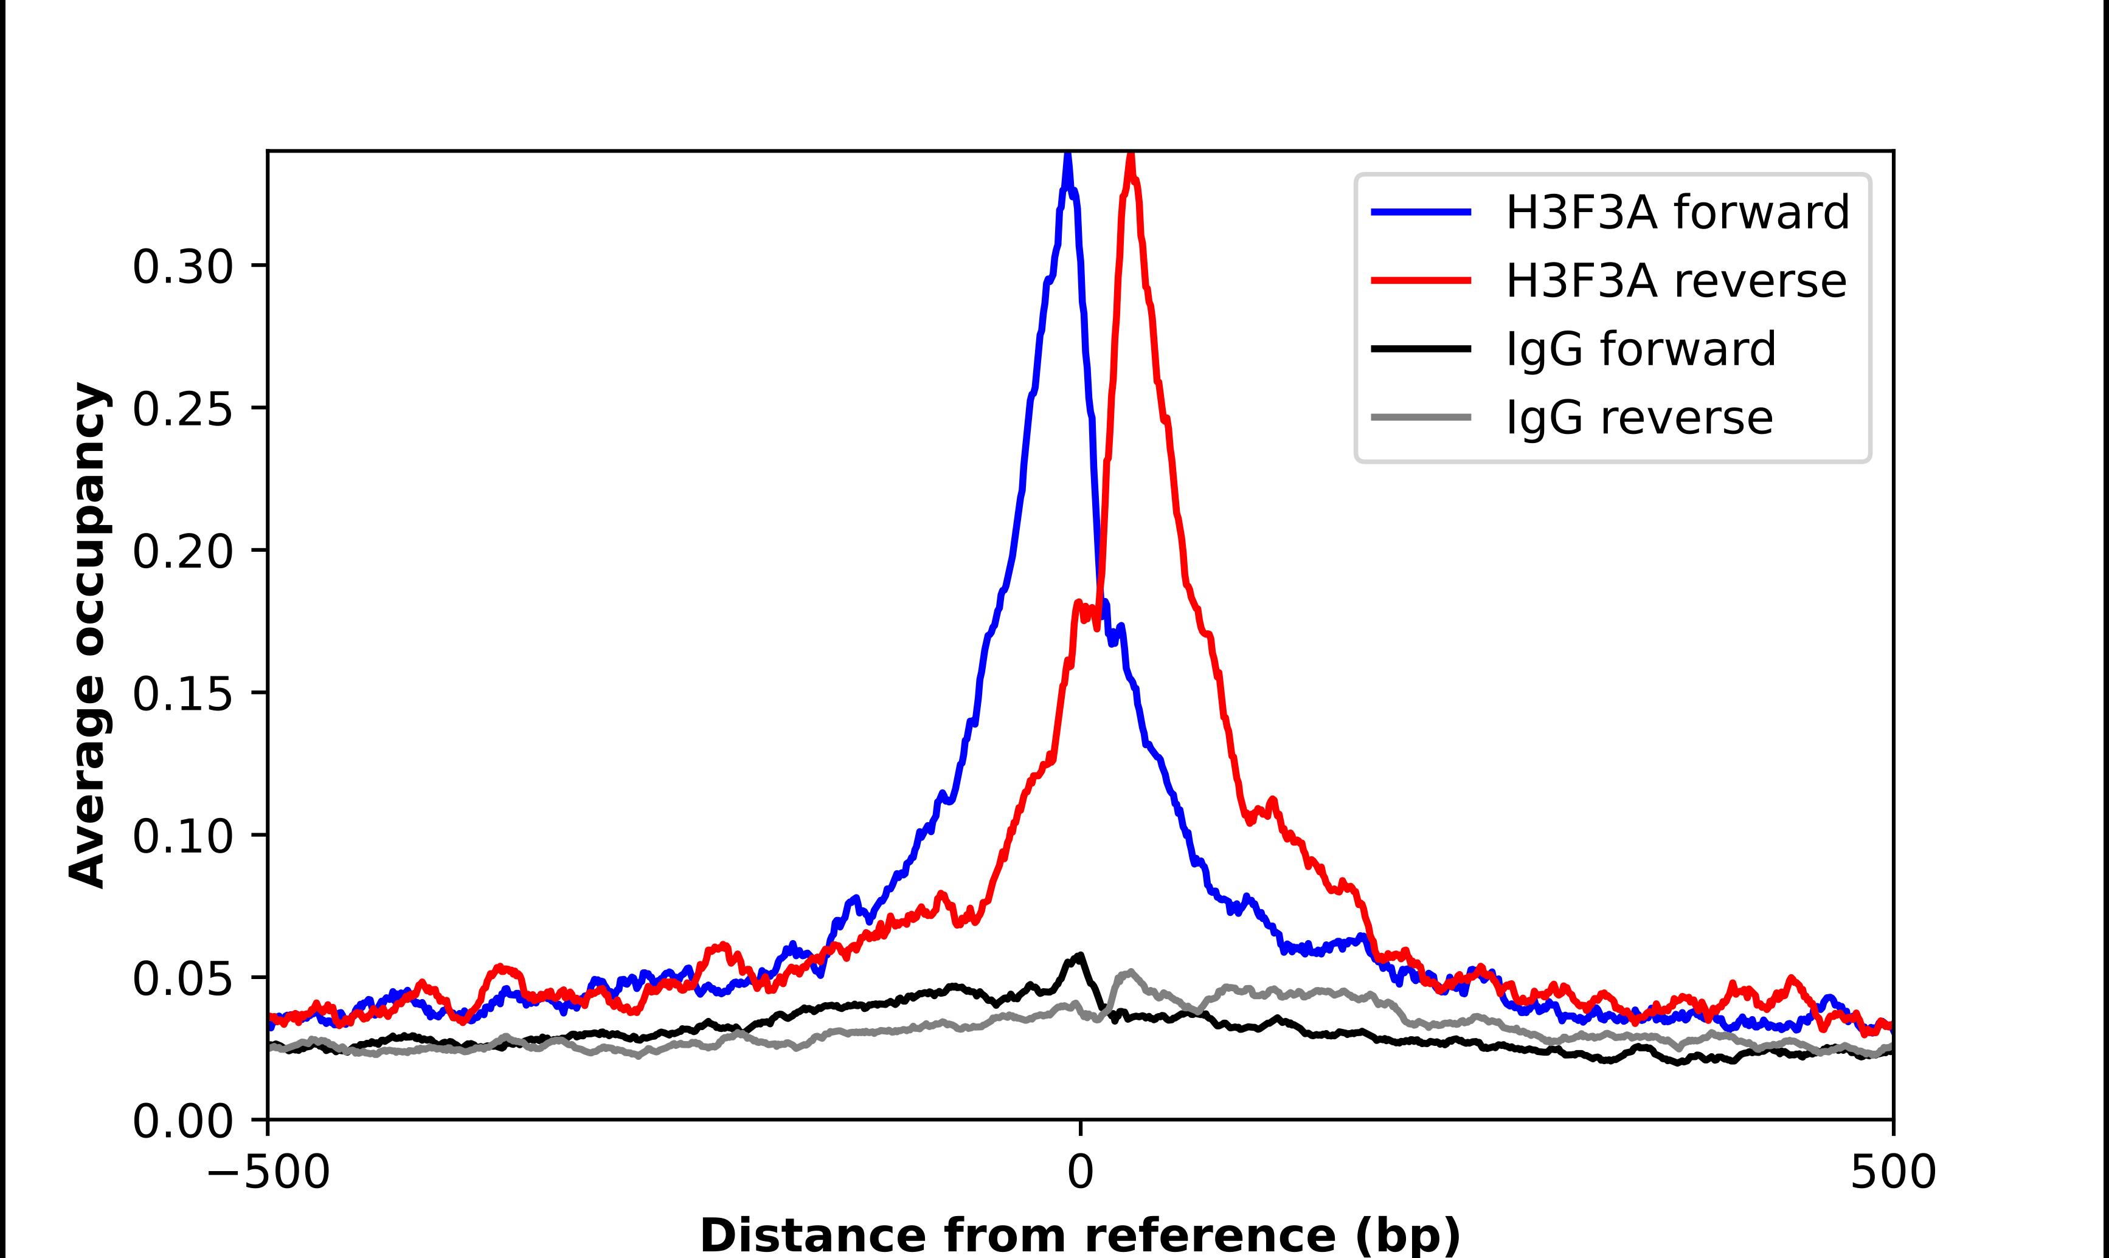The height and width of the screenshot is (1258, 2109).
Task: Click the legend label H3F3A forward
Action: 1677,212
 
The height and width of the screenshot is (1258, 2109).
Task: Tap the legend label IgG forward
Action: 1640,349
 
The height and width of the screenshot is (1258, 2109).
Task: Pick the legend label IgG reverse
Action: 1638,418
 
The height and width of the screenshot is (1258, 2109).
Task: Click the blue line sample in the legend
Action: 1421,212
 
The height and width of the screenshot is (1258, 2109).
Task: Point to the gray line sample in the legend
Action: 1421,417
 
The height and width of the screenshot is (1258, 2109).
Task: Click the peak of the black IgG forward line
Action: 1079,955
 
